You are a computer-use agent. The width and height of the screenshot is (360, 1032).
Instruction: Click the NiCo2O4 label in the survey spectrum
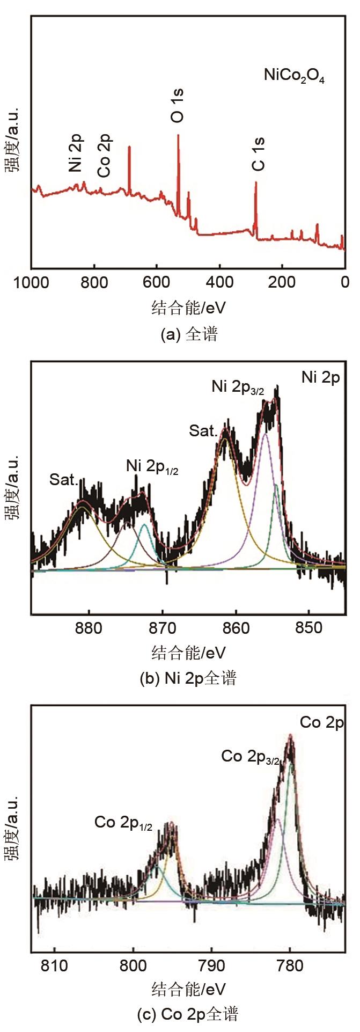(x=294, y=76)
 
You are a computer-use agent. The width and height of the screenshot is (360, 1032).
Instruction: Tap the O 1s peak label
(x=178, y=106)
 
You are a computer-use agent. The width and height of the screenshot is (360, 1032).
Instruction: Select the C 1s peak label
(x=259, y=154)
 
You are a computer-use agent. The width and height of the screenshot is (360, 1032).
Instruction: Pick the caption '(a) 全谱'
(x=189, y=335)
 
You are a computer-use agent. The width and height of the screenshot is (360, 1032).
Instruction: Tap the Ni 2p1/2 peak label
(x=152, y=466)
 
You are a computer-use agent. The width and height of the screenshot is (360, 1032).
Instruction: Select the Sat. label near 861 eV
(x=203, y=430)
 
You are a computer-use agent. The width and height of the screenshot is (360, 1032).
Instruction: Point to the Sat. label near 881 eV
(x=64, y=479)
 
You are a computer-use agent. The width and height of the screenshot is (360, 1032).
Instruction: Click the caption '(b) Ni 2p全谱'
(x=188, y=679)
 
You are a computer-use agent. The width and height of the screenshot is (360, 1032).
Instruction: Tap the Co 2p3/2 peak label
(x=250, y=757)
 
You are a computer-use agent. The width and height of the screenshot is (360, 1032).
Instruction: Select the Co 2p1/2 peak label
(x=123, y=823)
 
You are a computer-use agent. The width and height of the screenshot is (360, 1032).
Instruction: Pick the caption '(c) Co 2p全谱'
(x=188, y=1014)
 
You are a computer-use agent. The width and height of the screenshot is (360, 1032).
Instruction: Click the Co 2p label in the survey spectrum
(x=105, y=156)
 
